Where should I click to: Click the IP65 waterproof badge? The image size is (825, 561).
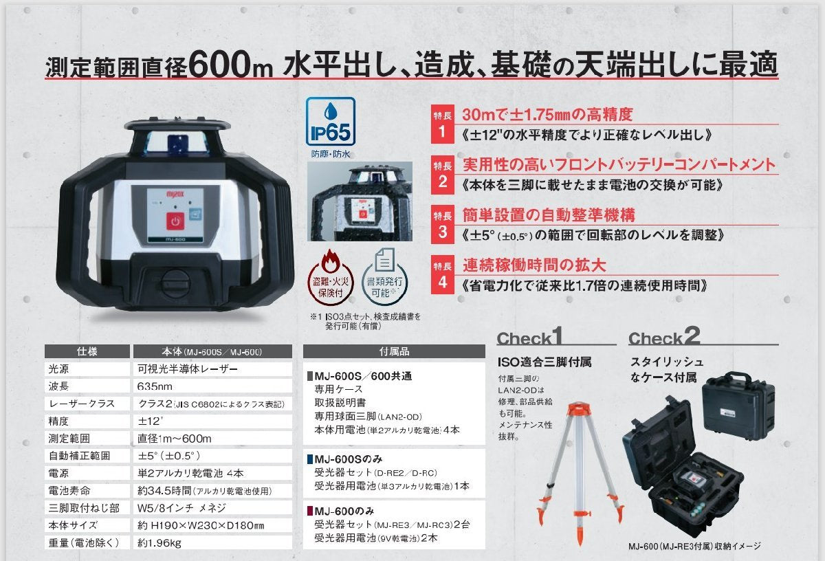coord(331,122)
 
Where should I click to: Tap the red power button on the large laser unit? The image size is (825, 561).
coord(175,223)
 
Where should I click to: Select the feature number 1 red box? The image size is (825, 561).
coord(443,124)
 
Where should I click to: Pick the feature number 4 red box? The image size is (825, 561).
coord(443,274)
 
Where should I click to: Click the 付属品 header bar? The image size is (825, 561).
coord(394,351)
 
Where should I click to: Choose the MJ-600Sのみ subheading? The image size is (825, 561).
coord(351,459)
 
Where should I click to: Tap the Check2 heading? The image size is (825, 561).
coord(664,337)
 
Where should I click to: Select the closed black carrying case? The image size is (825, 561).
coord(736,408)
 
